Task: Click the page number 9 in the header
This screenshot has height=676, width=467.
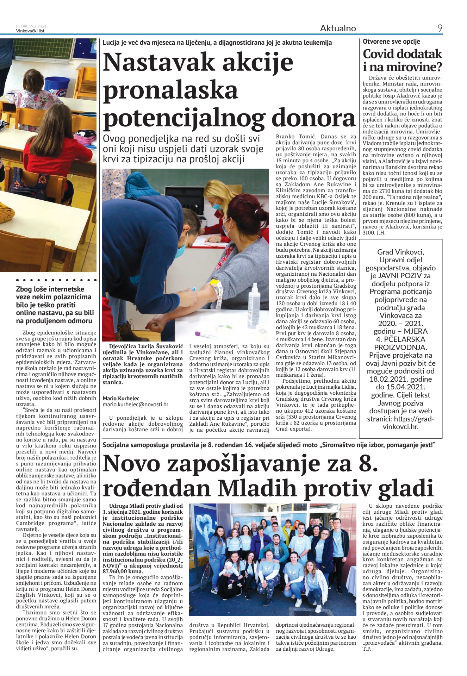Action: click(440, 28)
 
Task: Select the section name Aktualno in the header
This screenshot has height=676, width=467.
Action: click(338, 28)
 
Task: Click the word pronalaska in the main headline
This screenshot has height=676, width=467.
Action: click(170, 90)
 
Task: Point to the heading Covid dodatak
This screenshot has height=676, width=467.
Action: click(402, 54)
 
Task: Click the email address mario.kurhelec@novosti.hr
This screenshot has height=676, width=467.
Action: click(135, 405)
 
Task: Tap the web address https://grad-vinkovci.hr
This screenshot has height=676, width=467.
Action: click(400, 423)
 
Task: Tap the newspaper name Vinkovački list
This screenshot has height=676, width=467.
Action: click(30, 31)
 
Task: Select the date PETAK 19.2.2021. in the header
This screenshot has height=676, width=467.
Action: click(32, 26)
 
